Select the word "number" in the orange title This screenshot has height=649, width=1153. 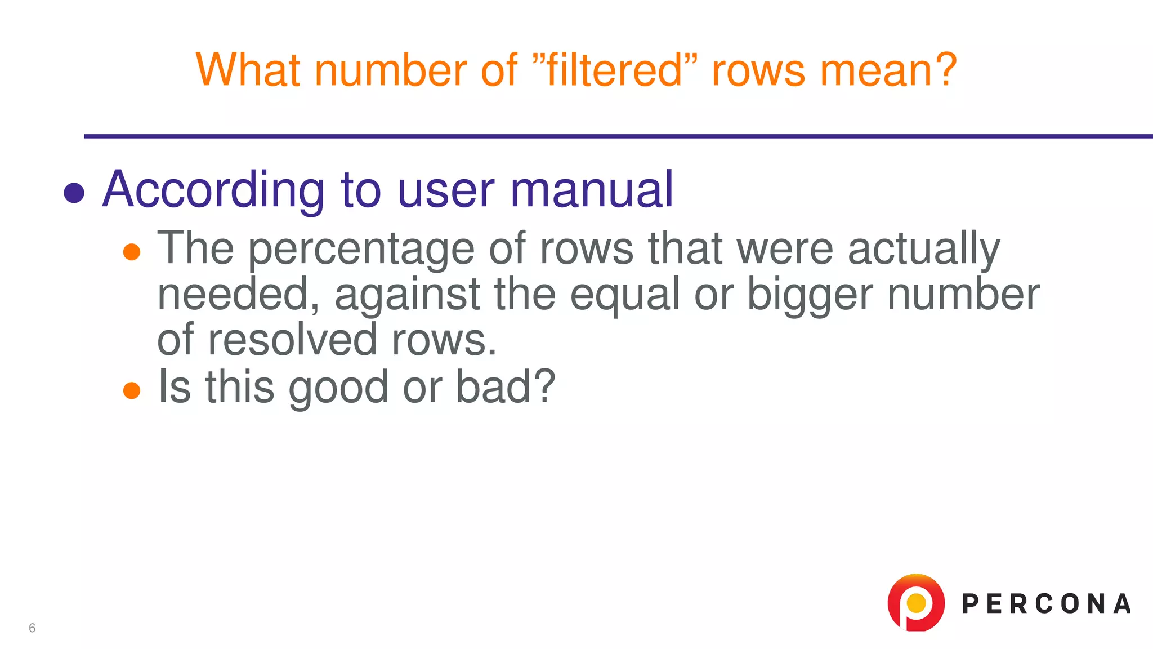click(x=390, y=70)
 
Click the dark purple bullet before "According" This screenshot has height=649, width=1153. click(x=74, y=193)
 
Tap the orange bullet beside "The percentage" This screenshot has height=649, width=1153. click(x=132, y=252)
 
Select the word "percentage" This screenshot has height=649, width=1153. click(x=361, y=248)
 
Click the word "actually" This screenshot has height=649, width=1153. click(x=924, y=248)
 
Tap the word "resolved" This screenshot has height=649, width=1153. click(x=292, y=340)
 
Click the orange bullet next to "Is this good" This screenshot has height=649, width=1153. click(x=132, y=390)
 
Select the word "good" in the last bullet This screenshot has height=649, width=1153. click(x=338, y=388)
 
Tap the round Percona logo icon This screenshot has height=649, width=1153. click(x=916, y=603)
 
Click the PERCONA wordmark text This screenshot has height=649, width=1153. click(x=1046, y=604)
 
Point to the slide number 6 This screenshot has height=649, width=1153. click(x=32, y=628)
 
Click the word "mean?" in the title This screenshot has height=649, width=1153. click(x=888, y=70)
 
